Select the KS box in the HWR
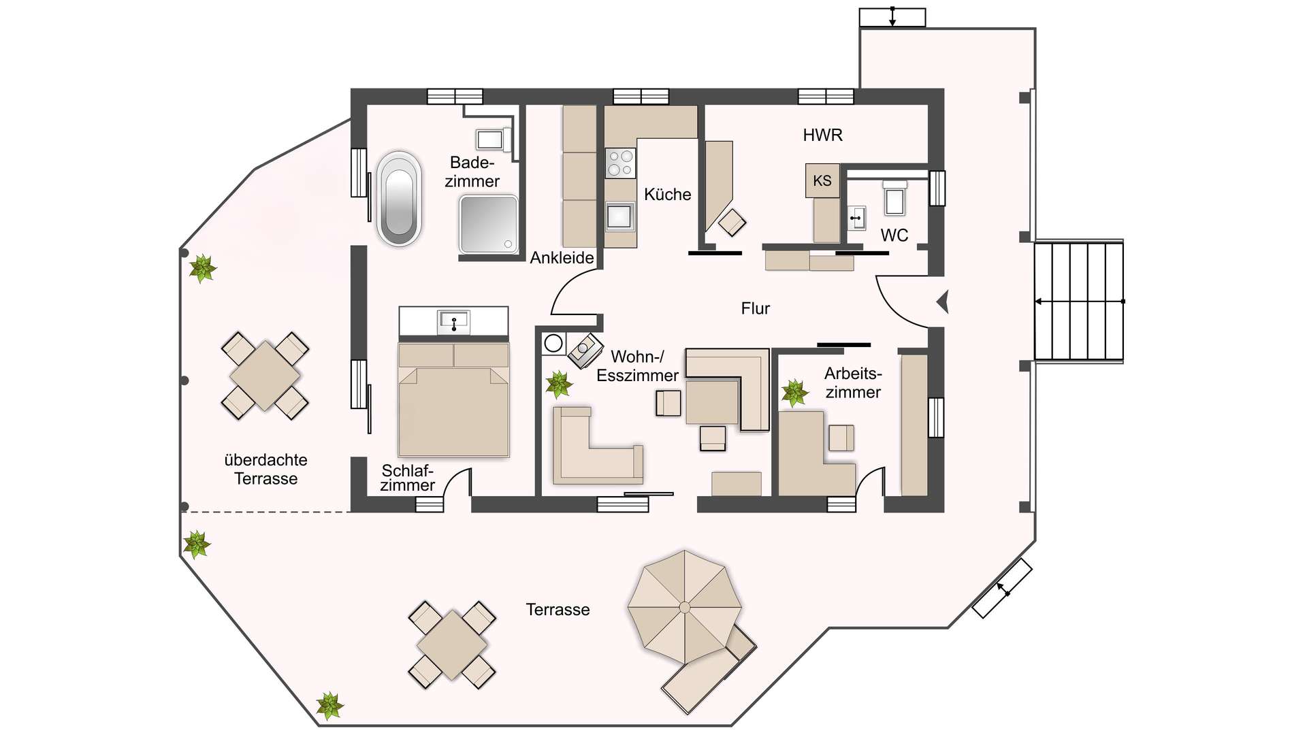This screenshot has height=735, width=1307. pos(822,180)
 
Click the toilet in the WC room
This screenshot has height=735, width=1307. pos(894,198)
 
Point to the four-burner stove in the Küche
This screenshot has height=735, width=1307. pos(620,163)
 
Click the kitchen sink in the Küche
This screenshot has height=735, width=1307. pos(619,216)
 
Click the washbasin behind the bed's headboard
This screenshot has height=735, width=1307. pos(454,321)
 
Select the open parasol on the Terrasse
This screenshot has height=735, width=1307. pos(684,607)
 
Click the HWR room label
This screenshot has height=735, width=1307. pos(822,135)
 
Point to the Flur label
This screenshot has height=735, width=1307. pos(755,309)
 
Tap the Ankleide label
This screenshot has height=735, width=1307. pos(562,258)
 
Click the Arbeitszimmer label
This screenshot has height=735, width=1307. pos(852,382)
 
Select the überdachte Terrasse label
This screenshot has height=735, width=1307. pos(265,469)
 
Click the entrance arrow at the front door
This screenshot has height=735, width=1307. pos(943,301)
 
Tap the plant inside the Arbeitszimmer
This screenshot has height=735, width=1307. pos(794,393)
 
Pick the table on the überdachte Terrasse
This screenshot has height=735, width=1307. pos(265,376)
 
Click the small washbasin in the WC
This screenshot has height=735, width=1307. pos(856,218)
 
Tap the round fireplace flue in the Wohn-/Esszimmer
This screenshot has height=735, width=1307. pos(553,343)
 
